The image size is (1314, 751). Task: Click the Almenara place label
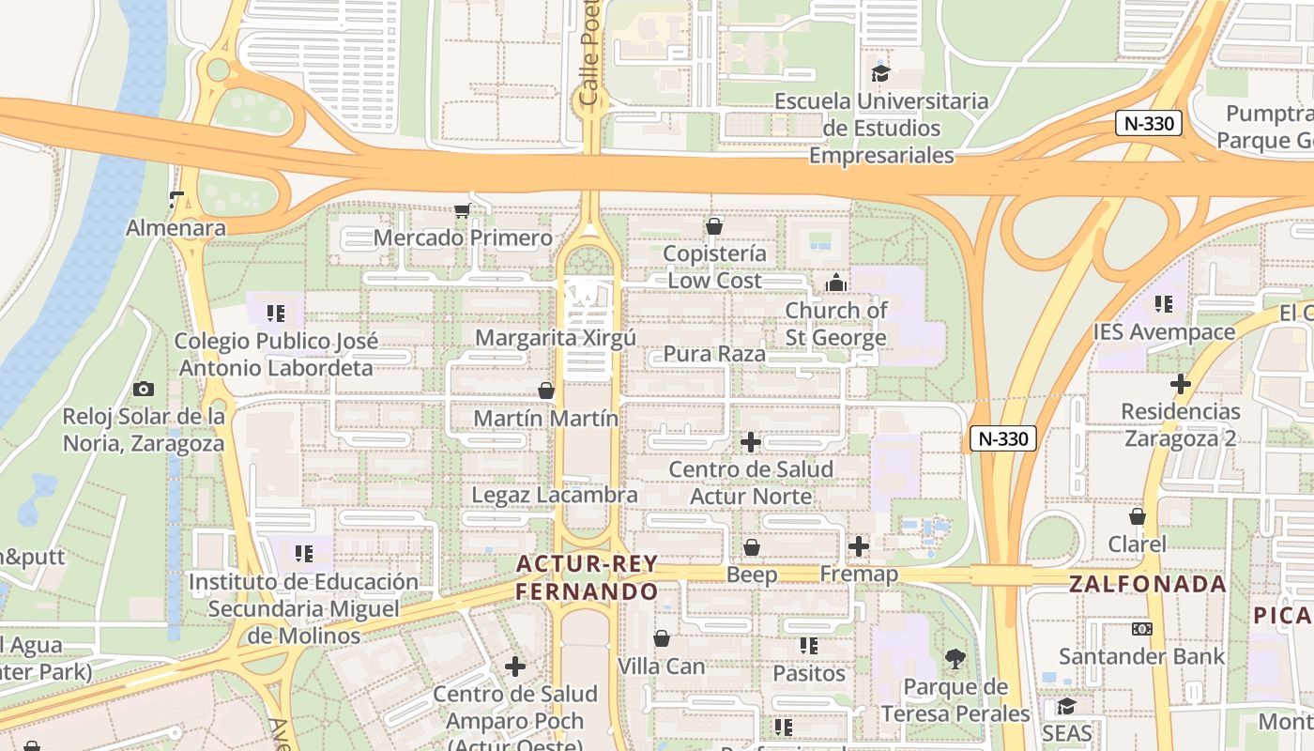[176, 228]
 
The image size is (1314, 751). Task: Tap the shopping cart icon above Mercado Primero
[461, 210]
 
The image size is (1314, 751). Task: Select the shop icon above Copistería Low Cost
[714, 226]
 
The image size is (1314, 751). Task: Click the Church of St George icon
[835, 283]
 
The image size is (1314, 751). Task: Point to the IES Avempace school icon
[1164, 304]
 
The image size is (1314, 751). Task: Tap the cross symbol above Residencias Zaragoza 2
[1181, 384]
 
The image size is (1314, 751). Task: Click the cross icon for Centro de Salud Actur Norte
[751, 442]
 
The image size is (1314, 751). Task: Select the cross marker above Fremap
[859, 546]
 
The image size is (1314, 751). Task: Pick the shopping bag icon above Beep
[752, 547]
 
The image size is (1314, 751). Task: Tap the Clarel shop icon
[1138, 516]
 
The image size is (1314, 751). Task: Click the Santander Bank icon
[1142, 629]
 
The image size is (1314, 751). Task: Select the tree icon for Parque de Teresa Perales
[955, 660]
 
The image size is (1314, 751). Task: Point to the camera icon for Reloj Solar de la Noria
[144, 389]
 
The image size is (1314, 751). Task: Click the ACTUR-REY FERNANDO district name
[587, 578]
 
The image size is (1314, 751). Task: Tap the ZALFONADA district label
[1148, 584]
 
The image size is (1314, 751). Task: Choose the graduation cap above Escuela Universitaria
[880, 73]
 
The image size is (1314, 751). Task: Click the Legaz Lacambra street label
[554, 495]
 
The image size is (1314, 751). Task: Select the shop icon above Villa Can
[662, 639]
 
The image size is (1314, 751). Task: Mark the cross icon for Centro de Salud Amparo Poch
[515, 667]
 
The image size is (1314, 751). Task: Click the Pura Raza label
[714, 354]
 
